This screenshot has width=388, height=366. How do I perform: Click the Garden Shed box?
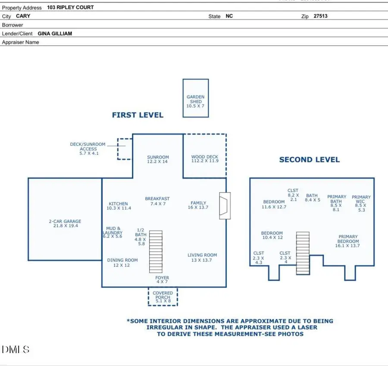pyautogui.click(x=196, y=98)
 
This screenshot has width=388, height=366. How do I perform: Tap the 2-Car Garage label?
pyautogui.click(x=65, y=224)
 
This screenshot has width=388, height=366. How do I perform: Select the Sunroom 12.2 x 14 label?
pyautogui.click(x=158, y=160)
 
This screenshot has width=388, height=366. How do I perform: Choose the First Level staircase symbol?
pyautogui.click(x=156, y=252)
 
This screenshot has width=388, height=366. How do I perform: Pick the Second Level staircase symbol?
pyautogui.click(x=303, y=253)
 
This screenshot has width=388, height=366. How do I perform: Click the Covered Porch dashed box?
pyautogui.click(x=163, y=297)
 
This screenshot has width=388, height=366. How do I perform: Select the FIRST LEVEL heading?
pyautogui.click(x=138, y=115)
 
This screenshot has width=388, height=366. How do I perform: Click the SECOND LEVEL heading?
pyautogui.click(x=309, y=160)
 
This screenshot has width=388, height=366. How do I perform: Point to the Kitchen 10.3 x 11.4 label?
pyautogui.click(x=118, y=206)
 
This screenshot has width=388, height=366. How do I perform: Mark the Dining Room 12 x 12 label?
pyautogui.click(x=122, y=263)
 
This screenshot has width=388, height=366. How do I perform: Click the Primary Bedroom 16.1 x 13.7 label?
pyautogui.click(x=348, y=241)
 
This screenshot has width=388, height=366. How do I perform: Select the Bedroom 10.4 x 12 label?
pyautogui.click(x=272, y=235)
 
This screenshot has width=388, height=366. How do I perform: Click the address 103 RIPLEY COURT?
pyautogui.click(x=70, y=7)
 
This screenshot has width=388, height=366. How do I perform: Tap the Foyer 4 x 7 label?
pyautogui.click(x=163, y=280)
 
